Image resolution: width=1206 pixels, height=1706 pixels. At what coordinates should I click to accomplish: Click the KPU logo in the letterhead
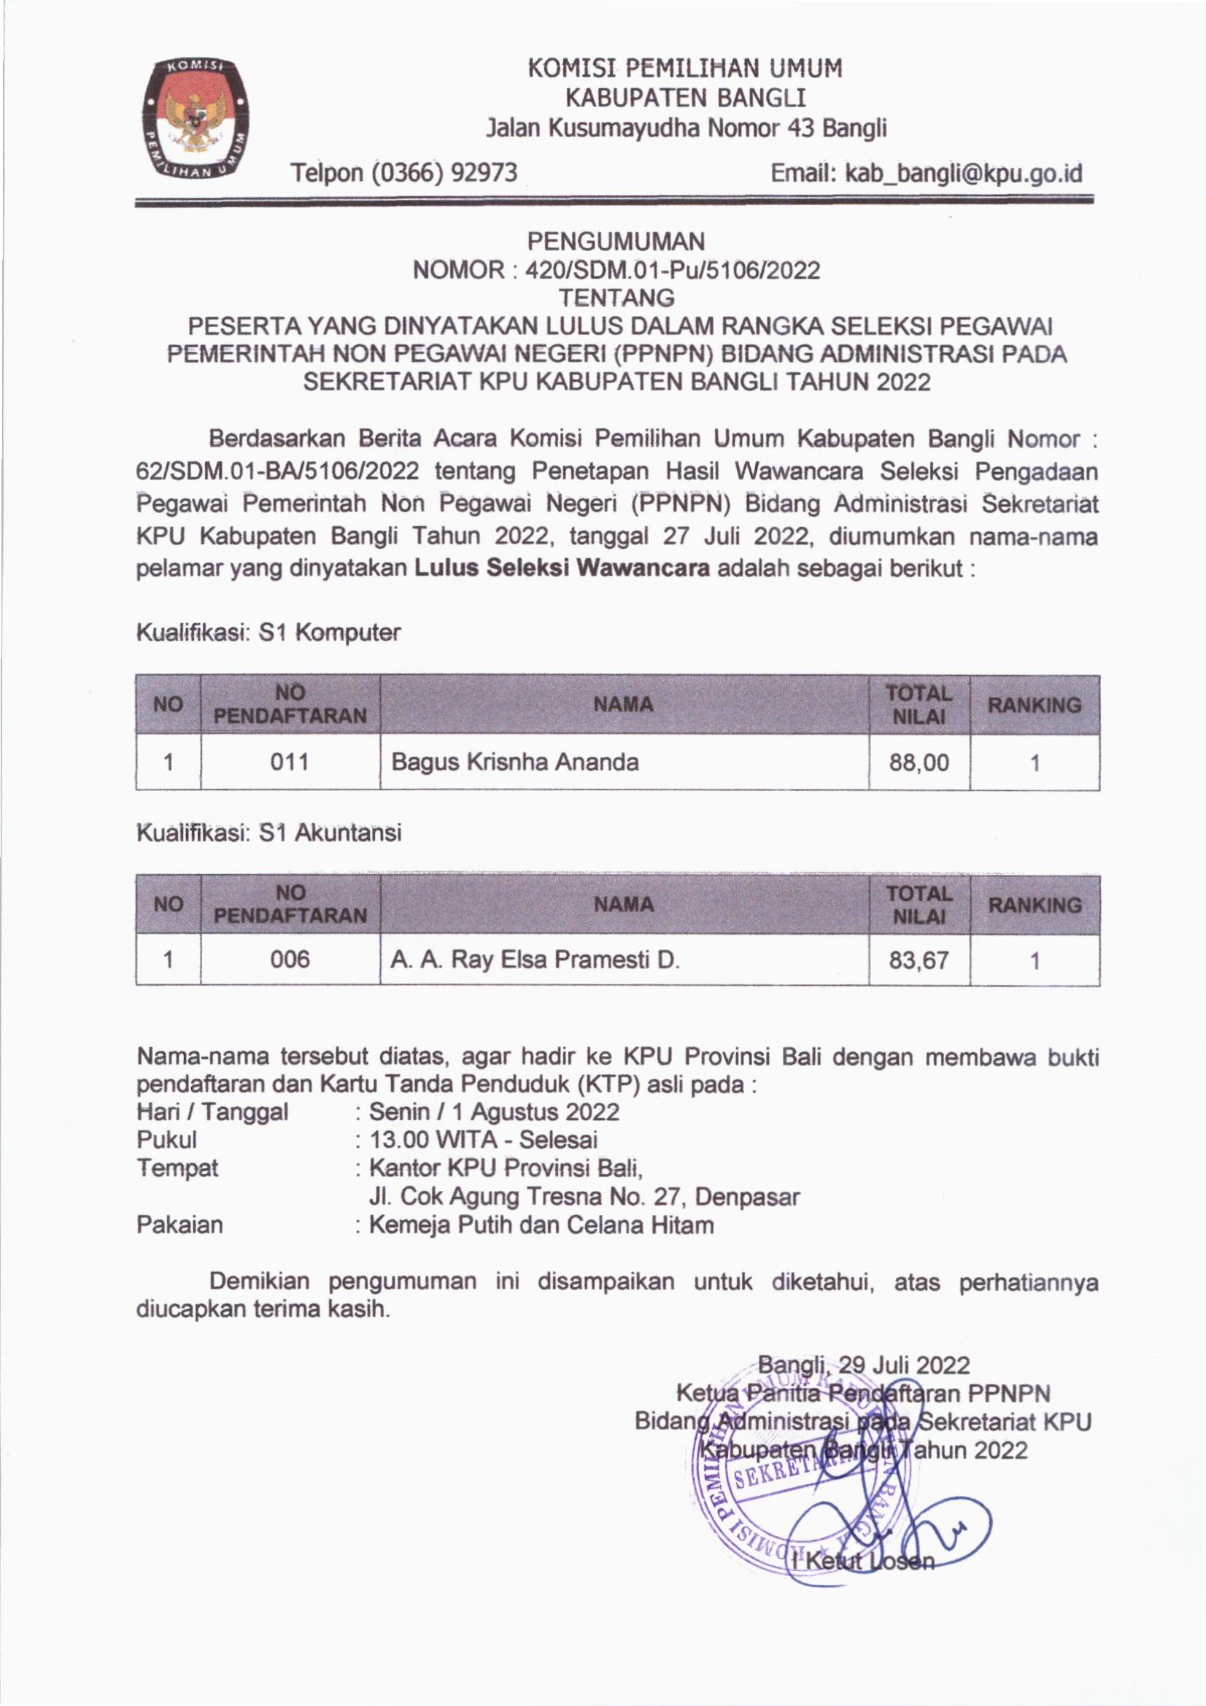coord(196,118)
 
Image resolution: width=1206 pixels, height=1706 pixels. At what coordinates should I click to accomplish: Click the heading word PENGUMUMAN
coord(616,241)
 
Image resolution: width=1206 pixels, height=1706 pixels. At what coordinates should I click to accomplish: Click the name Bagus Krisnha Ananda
coord(514,762)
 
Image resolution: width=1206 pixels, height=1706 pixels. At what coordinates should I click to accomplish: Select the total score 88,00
coord(919,763)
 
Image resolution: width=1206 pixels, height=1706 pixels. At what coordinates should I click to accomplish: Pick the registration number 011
coord(290,762)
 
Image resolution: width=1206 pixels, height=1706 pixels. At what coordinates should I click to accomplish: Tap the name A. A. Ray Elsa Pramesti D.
coord(535,961)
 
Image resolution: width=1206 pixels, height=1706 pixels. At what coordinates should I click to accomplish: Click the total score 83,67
coord(919,962)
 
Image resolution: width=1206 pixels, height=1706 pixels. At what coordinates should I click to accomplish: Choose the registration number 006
coord(290,961)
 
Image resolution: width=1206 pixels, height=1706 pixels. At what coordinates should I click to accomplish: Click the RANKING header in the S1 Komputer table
coord(1034,704)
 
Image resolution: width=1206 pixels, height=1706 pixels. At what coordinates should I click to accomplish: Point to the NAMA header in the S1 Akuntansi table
coord(625,904)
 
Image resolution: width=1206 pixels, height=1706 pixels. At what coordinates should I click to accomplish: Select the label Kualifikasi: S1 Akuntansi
coord(269,833)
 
